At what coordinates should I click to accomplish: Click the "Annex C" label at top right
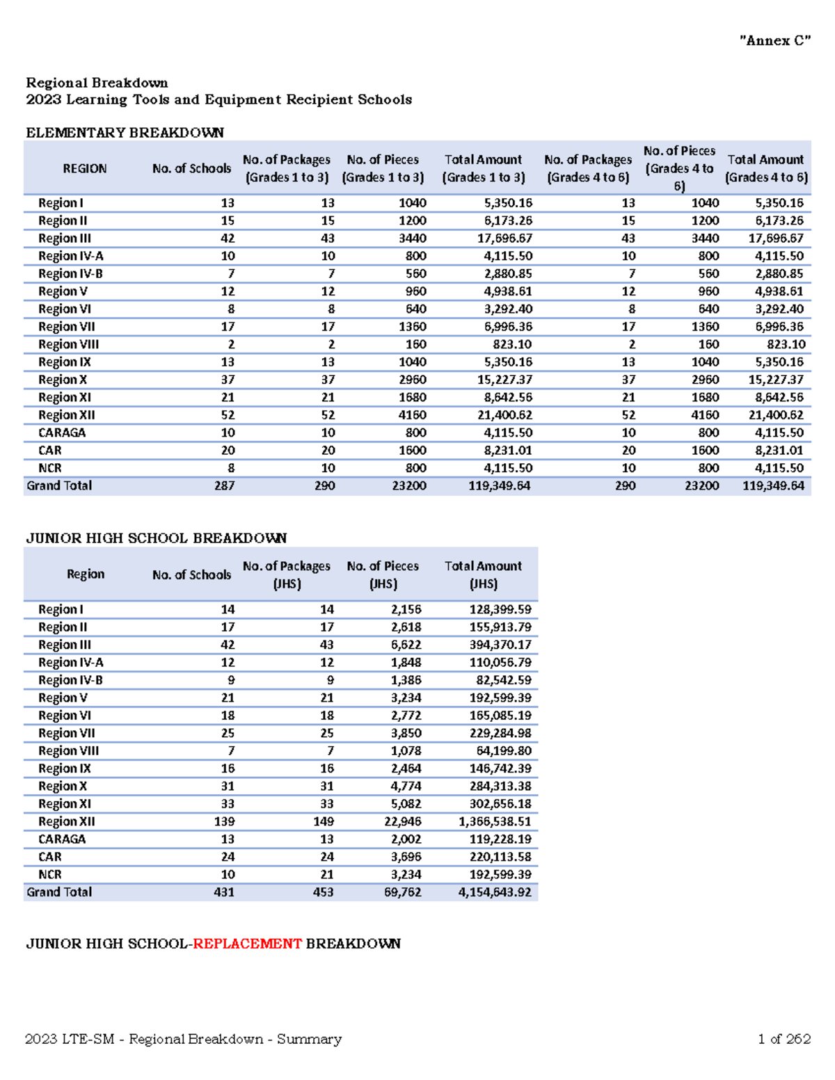pos(774,41)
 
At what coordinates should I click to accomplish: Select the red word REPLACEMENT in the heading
pos(247,944)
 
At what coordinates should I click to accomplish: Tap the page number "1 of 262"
pos(784,1039)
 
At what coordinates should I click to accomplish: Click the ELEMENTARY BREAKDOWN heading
pos(125,133)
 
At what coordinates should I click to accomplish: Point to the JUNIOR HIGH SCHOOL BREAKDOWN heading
pos(156,538)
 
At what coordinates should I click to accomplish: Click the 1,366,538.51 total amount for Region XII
pos(495,821)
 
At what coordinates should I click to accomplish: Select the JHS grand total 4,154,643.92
pos(495,892)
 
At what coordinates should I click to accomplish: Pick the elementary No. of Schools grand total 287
pos(224,485)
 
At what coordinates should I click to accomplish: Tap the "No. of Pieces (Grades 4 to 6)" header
pos(679,168)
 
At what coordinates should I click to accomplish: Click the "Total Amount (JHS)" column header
pos(483,574)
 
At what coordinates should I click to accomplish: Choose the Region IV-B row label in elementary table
pos(70,274)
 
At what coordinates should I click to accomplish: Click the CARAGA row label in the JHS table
pos(62,839)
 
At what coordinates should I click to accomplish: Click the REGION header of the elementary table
pos(85,168)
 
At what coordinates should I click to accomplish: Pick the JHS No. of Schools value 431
pos(224,892)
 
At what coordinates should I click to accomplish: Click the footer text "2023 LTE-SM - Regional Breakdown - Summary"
pos(183,1039)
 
